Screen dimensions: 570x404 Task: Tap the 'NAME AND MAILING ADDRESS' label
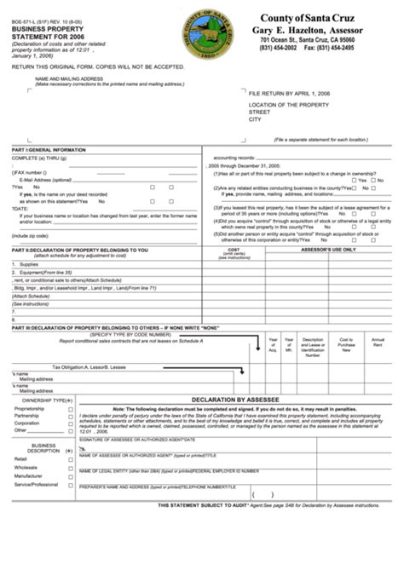tap(70, 78)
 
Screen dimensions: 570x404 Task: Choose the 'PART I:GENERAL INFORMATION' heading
tap(43, 149)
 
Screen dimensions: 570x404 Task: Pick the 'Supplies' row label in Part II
tap(29, 264)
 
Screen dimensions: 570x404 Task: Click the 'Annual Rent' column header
tap(377, 342)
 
